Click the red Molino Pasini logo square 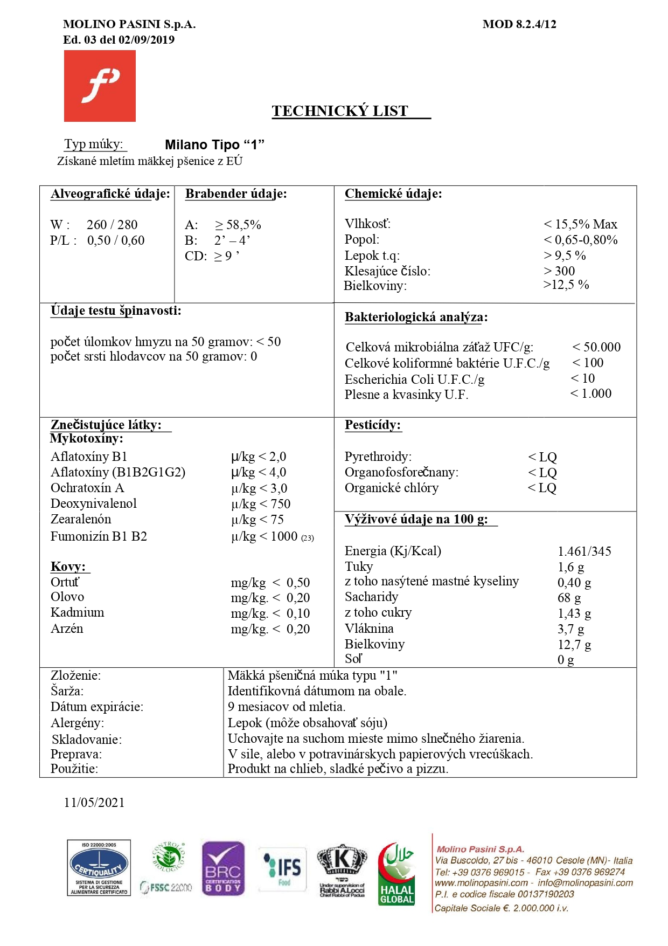click(x=100, y=86)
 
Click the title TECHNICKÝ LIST click(x=340, y=111)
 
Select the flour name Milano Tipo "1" click(x=214, y=144)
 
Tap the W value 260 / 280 click(x=112, y=224)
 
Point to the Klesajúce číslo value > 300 click(x=559, y=271)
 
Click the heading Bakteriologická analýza click(x=416, y=317)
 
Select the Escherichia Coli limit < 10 click(x=583, y=378)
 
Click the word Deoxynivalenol click(x=94, y=503)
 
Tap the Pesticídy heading click(x=373, y=425)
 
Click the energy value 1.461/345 click(x=584, y=551)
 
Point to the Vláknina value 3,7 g click(x=571, y=629)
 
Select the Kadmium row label click(x=78, y=612)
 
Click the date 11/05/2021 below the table click(x=94, y=803)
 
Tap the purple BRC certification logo click(x=223, y=868)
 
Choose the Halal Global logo click(x=396, y=873)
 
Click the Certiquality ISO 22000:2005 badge click(x=99, y=868)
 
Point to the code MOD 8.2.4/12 click(x=519, y=24)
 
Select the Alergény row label click(x=78, y=723)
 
